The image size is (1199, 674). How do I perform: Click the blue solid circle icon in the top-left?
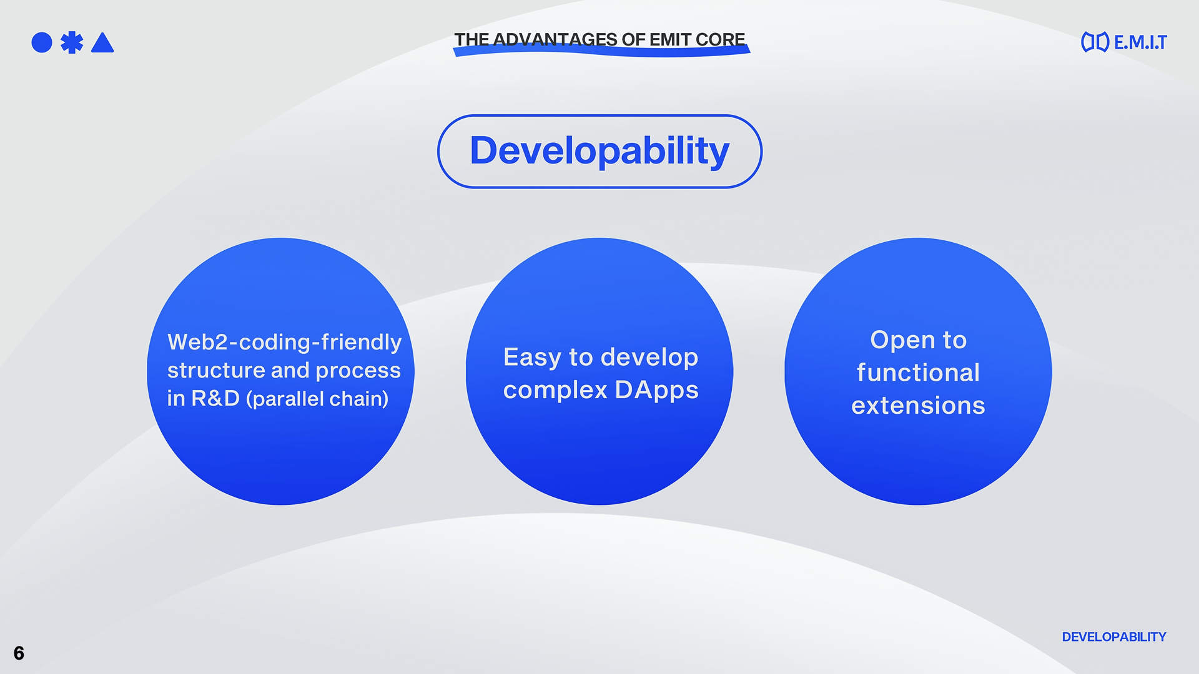pos(42,42)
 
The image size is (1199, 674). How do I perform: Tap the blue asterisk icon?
pos(72,42)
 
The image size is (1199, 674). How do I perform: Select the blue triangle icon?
pos(102,42)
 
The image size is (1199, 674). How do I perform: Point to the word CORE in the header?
pos(720,39)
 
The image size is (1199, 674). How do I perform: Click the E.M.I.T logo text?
pos(1140,42)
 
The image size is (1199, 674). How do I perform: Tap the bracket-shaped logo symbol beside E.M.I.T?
pos(1095,42)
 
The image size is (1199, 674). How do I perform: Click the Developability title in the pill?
pos(599,151)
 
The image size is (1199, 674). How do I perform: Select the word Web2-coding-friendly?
pos(284,342)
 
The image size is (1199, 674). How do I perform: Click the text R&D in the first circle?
pos(215,398)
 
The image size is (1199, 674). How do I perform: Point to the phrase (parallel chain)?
pos(317,399)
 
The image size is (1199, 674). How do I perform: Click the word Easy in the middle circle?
pos(532,358)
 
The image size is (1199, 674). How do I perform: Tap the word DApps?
pos(656,391)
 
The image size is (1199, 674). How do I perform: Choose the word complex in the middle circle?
pos(555,391)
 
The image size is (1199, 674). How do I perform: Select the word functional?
pos(918,373)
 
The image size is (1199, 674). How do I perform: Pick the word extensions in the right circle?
pos(918,406)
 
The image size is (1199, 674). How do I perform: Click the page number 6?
pos(19,653)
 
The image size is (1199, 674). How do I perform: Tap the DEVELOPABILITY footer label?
pos(1114,637)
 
